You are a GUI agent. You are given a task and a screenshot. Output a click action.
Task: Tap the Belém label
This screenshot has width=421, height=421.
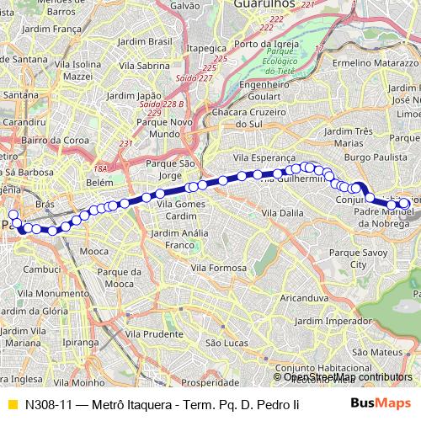coord(99,182)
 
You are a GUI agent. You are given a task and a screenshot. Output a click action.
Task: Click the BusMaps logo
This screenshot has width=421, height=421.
coord(380,403)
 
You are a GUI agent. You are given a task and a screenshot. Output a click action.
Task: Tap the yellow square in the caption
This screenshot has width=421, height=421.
coord(11,403)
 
